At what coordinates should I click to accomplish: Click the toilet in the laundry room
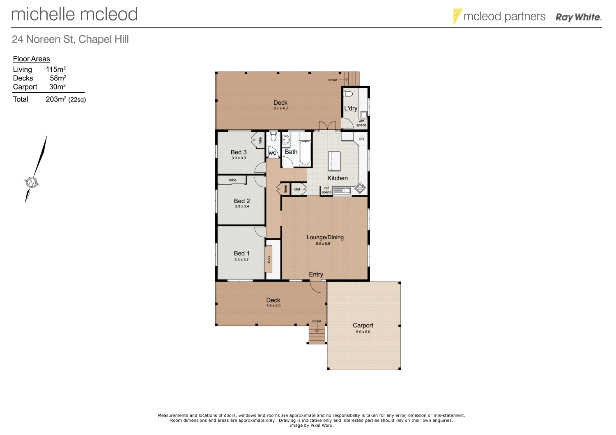click(348, 94)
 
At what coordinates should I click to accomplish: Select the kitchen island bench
click(334, 161)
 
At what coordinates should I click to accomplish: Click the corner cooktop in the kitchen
click(360, 188)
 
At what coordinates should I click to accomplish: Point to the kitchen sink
click(341, 190)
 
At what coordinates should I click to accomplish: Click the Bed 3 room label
click(239, 152)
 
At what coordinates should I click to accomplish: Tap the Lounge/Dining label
click(325, 237)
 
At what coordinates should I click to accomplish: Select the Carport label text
click(363, 325)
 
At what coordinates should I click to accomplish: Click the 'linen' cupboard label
click(285, 189)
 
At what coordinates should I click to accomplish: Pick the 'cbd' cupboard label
click(297, 189)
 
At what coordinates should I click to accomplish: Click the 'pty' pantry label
click(361, 139)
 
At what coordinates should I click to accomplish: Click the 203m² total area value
click(56, 99)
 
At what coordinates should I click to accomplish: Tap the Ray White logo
click(578, 17)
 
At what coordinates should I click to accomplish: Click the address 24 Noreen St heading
click(70, 39)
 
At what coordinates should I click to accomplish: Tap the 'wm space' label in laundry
click(361, 123)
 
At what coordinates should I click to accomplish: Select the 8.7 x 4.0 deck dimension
click(280, 108)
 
